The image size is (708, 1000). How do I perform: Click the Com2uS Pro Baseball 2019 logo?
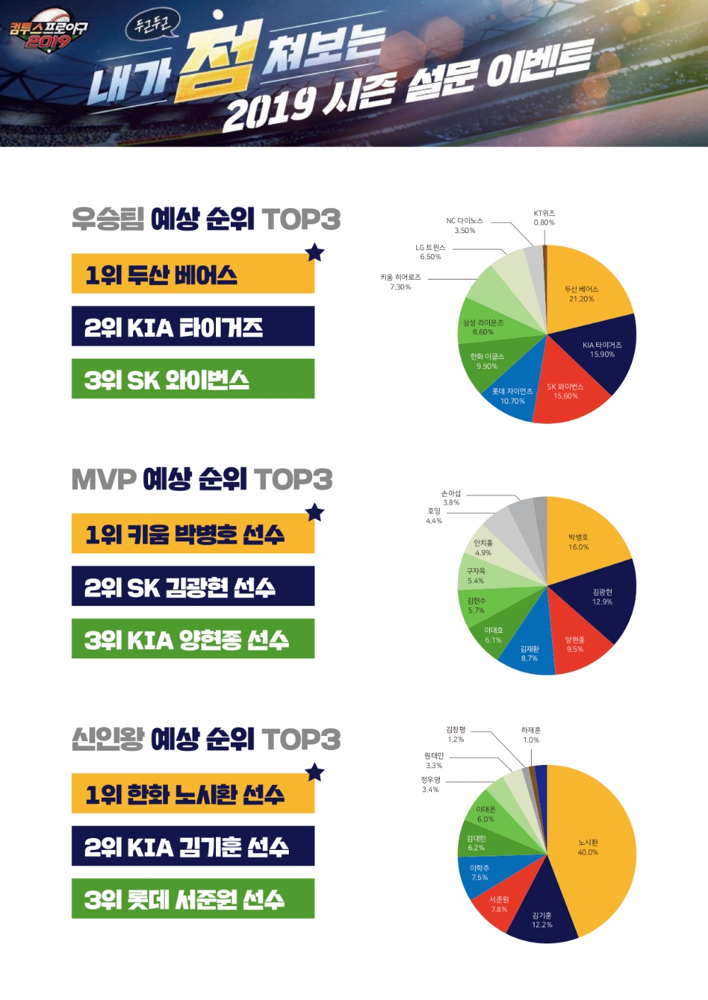tap(47, 32)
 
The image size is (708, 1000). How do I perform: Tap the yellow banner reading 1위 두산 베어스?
tap(193, 274)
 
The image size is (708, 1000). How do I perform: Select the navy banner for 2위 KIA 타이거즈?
tap(193, 326)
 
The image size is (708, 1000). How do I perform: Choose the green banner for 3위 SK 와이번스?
tap(193, 379)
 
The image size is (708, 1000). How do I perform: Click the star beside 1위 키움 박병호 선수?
tap(315, 512)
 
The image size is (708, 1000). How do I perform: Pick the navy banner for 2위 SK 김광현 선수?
tap(193, 586)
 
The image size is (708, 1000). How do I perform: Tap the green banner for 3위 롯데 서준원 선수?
tap(193, 899)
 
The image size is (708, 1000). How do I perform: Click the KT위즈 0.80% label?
tap(544, 218)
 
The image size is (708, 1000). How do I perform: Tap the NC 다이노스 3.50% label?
tap(464, 226)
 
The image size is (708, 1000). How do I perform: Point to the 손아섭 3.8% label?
tap(451, 498)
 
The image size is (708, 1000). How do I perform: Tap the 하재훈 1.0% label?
tap(531, 735)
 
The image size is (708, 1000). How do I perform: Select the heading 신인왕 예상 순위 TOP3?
tap(205, 740)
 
